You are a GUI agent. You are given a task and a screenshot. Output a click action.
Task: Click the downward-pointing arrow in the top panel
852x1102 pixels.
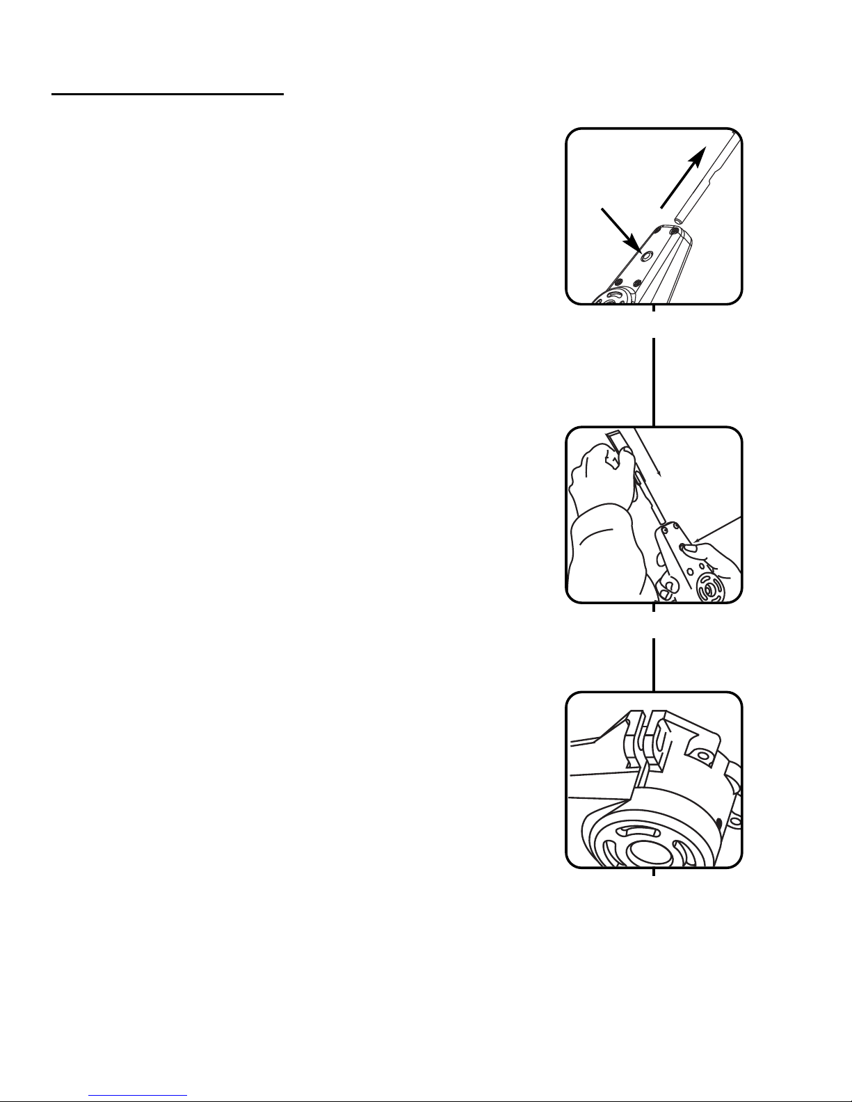click(x=621, y=230)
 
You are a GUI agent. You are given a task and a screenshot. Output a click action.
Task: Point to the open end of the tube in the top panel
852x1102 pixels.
click(x=677, y=219)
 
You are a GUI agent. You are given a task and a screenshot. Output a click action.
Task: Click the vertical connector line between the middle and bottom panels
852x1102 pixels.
click(x=654, y=664)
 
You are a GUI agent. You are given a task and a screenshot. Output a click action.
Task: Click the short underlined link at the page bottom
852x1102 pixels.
click(x=138, y=1096)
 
